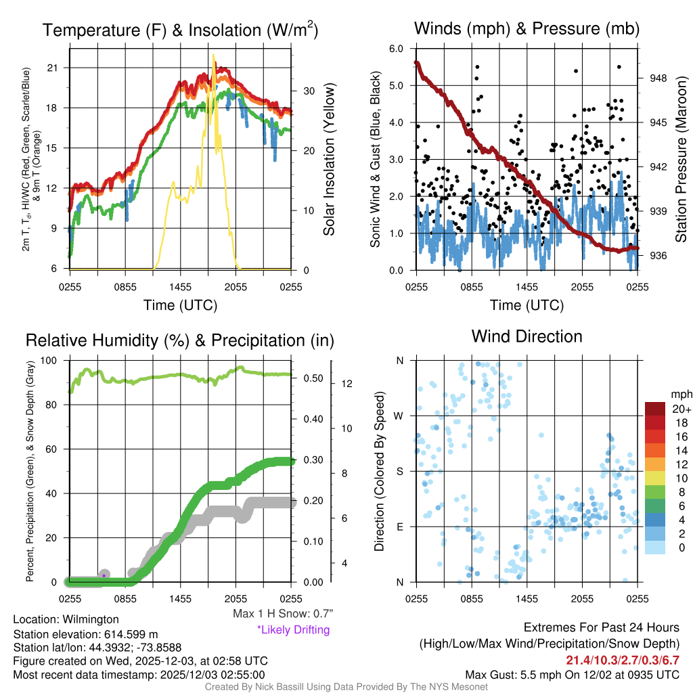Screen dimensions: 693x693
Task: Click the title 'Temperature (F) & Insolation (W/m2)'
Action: point(181,30)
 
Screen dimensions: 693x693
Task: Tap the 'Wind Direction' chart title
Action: point(527,336)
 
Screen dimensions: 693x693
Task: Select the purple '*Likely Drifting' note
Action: point(293,629)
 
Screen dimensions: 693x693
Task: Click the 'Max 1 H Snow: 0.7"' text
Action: point(283,614)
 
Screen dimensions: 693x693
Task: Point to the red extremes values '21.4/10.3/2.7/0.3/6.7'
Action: point(622,660)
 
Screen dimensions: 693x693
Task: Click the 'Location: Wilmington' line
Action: point(66,619)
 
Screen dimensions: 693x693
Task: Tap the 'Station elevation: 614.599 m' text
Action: point(85,634)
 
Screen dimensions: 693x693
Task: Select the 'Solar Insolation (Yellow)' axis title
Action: point(330,160)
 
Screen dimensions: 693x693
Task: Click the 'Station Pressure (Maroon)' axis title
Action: point(681,160)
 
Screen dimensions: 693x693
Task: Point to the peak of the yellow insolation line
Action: point(214,55)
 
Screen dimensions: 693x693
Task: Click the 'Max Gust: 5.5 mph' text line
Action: point(572,674)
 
